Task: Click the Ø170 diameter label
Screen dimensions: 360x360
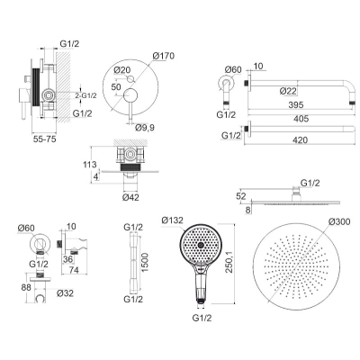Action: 163,56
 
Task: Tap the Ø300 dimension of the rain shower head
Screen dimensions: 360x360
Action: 339,221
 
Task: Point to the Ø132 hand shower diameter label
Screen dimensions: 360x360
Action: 172,220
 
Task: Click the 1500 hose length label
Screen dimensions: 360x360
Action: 145,263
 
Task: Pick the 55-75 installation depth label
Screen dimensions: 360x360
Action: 43,139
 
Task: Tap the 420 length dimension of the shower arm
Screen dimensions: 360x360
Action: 300,139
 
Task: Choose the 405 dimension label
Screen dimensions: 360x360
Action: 301,119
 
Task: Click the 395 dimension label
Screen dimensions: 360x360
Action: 295,104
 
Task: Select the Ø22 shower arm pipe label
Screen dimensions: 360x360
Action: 288,91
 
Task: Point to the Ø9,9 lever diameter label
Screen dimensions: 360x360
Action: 145,128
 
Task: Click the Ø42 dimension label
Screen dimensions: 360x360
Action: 130,197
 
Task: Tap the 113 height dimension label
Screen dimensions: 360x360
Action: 90,164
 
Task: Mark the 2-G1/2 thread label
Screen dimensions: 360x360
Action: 85,95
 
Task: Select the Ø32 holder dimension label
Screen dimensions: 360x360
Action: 65,292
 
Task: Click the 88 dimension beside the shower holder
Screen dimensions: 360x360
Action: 26,287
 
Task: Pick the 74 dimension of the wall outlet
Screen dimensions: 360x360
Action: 74,270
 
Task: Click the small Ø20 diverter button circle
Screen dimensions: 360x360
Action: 130,79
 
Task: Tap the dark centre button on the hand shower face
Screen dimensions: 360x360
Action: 200,245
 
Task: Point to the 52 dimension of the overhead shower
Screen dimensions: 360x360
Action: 241,196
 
